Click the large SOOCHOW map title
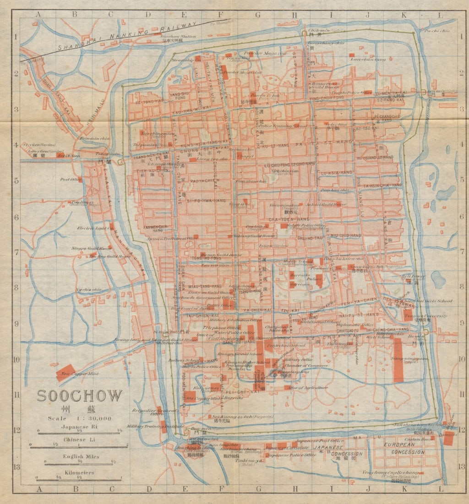80,395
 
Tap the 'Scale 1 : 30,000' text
80,418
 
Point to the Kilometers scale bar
79,479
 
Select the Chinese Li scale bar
79,446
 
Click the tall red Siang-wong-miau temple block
398,360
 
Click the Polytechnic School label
292,345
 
